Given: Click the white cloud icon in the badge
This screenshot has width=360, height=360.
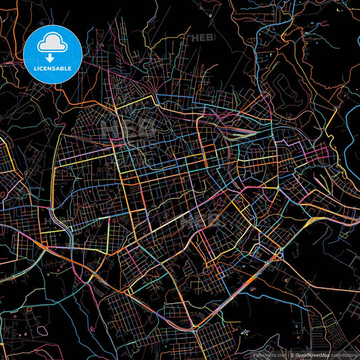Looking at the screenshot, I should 53,43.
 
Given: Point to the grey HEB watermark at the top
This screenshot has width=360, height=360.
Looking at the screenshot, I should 203,38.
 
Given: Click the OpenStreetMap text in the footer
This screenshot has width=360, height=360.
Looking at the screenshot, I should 311,354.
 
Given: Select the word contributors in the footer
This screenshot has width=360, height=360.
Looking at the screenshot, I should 344,354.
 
